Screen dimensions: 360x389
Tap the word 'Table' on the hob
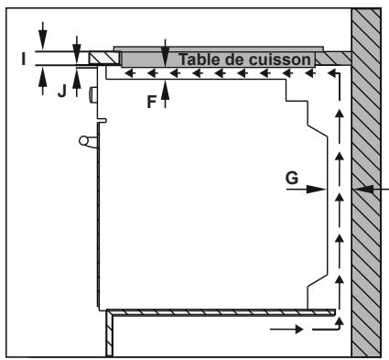(x=201, y=60)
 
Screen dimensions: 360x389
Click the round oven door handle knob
(x=84, y=140)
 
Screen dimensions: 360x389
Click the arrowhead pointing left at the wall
(x=360, y=189)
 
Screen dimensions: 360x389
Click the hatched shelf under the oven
(x=220, y=312)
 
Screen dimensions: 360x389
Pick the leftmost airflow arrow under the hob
(x=130, y=72)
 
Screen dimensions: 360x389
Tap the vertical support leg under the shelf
(x=107, y=334)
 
